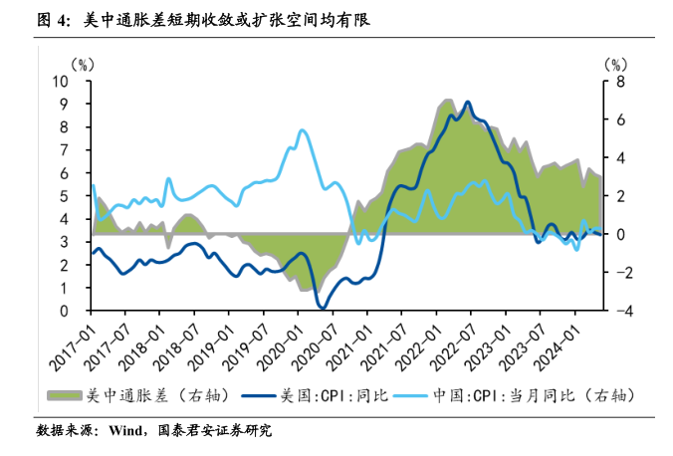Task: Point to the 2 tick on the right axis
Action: pos(617,196)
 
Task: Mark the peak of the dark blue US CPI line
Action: pos(467,102)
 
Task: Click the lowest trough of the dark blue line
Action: pos(321,307)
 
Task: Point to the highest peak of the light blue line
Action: pos(302,130)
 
